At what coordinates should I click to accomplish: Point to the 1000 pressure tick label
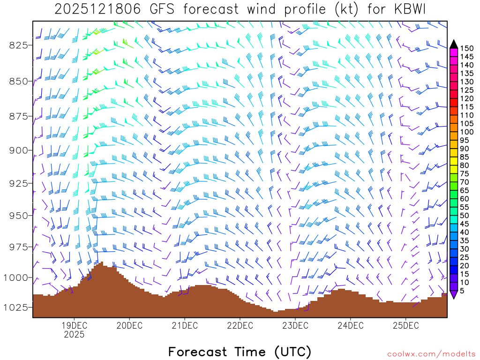pos(16,277)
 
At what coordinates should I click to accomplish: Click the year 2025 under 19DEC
pos(74,335)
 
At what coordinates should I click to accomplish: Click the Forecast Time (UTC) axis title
pos(240,352)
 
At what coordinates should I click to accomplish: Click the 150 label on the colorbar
pos(467,48)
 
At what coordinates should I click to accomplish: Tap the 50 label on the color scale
pos(465,216)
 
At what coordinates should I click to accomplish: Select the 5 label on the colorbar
pos(462,291)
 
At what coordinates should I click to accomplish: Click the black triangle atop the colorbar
pos(454,44)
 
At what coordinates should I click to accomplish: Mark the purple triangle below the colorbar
pos(454,295)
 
